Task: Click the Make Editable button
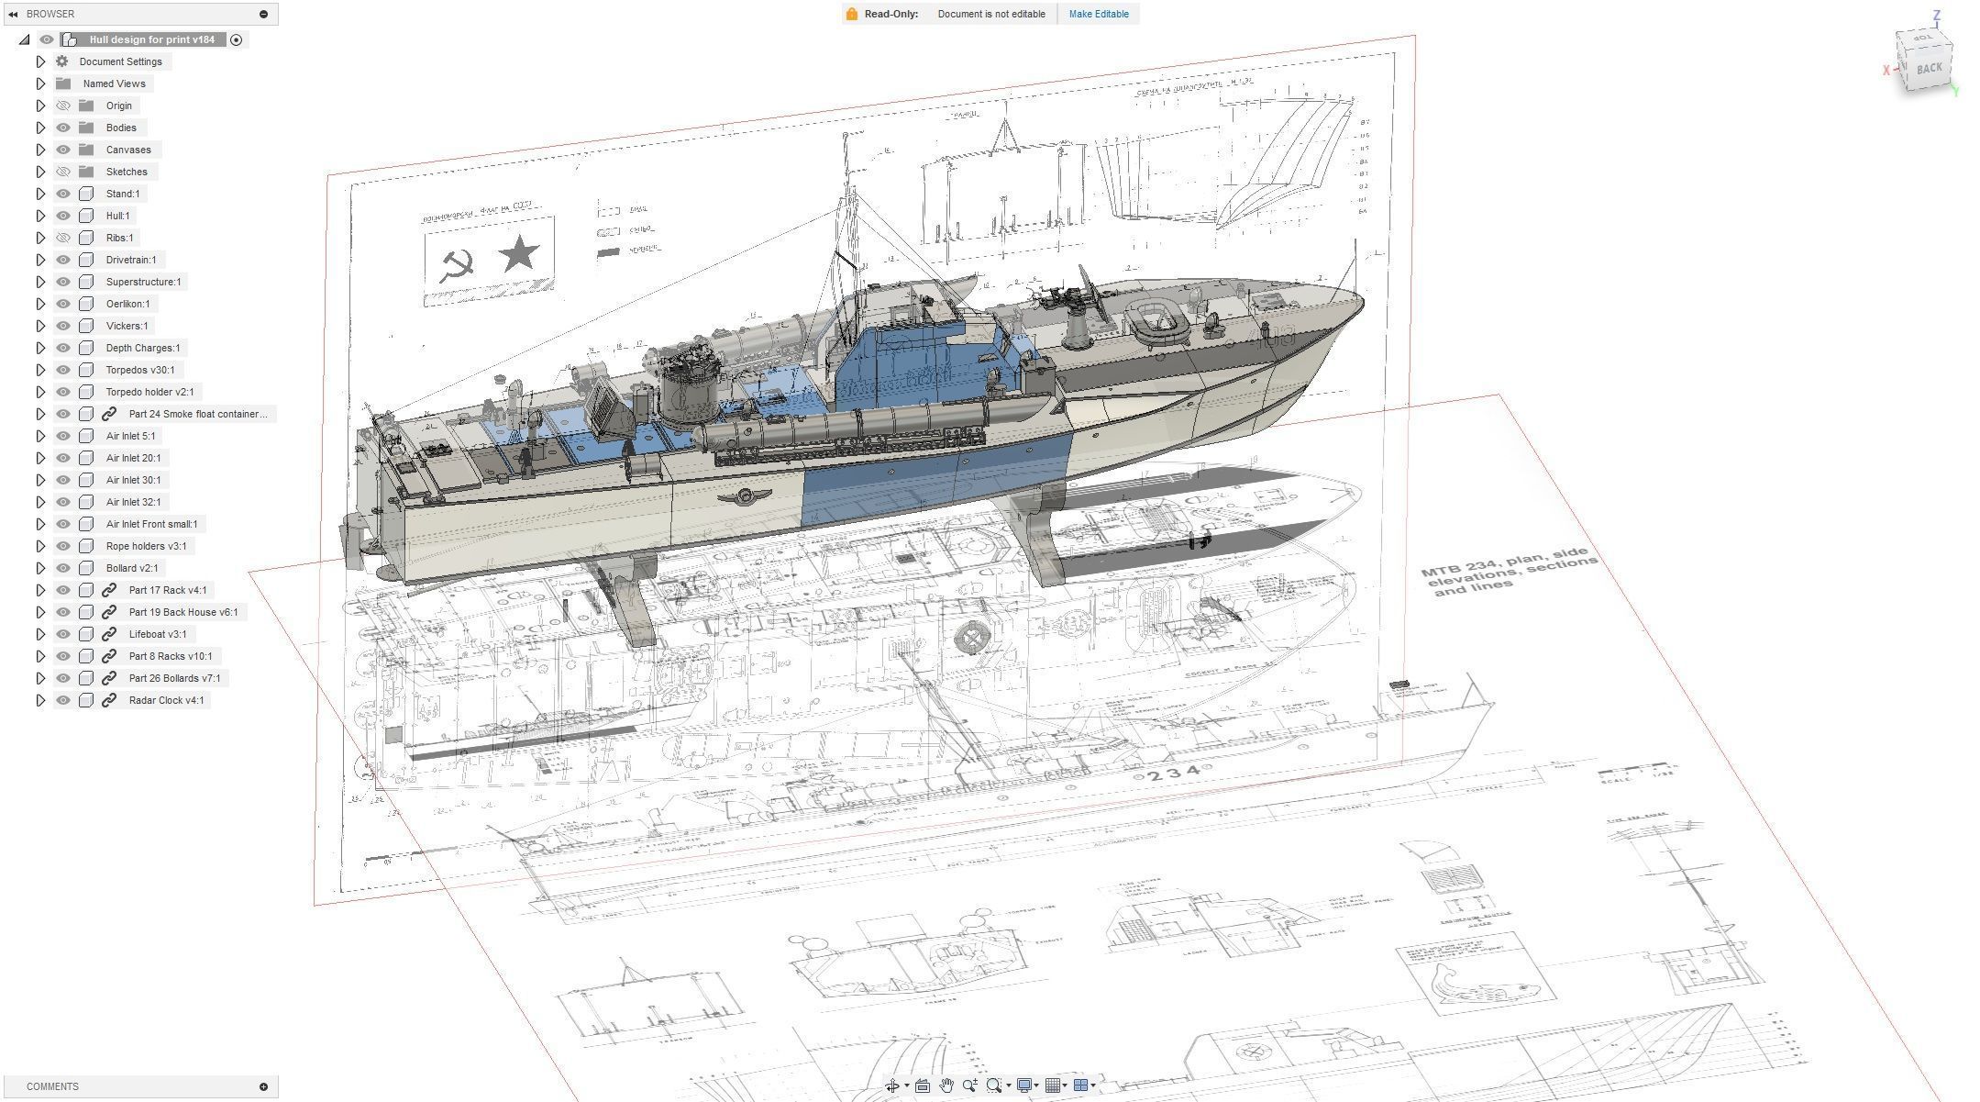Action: tap(1098, 14)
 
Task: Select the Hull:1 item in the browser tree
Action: tap(117, 216)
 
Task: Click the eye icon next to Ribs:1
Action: tap(63, 238)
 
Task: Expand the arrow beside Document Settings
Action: tap(40, 61)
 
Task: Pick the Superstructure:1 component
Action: tap(143, 282)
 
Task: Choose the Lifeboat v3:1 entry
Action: tap(157, 634)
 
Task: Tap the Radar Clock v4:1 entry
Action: tap(166, 700)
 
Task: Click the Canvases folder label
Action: tap(128, 150)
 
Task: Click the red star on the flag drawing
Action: tap(518, 253)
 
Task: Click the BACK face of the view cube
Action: tap(1929, 68)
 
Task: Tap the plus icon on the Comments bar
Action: tap(263, 1086)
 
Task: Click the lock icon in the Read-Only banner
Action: tap(852, 14)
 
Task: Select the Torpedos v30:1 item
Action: tap(139, 370)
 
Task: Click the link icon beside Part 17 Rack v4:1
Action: tap(109, 590)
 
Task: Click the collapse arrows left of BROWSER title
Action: tap(13, 14)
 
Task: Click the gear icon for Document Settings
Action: tap(62, 61)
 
